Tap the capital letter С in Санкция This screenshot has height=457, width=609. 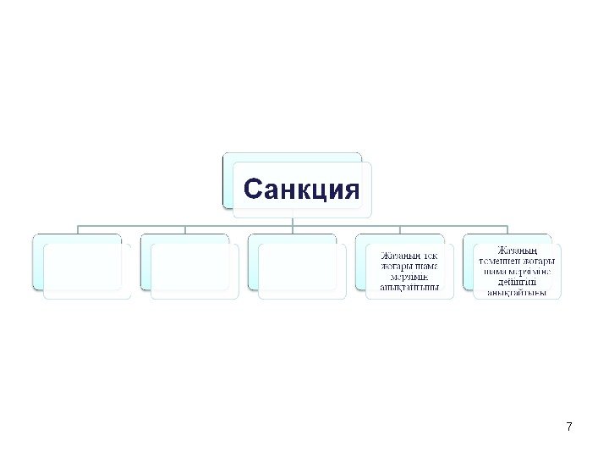[250, 188]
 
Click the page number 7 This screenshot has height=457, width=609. [568, 427]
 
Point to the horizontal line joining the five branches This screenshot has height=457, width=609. [237, 226]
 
